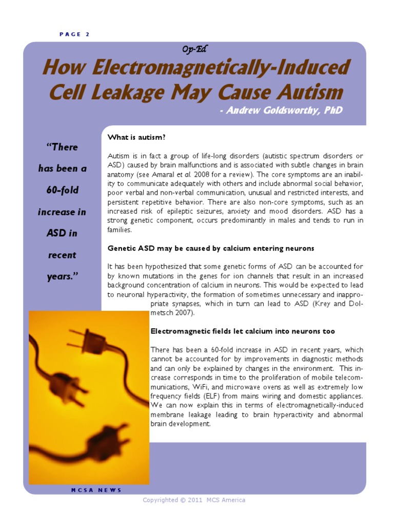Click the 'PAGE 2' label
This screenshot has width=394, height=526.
74,34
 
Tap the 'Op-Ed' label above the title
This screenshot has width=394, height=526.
194,49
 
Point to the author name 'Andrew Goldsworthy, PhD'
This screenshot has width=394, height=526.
280,111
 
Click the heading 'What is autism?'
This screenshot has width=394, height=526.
137,137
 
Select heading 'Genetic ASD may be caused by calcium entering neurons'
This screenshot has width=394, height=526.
211,248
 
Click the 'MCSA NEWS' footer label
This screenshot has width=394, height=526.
96,490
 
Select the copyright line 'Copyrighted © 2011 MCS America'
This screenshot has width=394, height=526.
194,500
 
